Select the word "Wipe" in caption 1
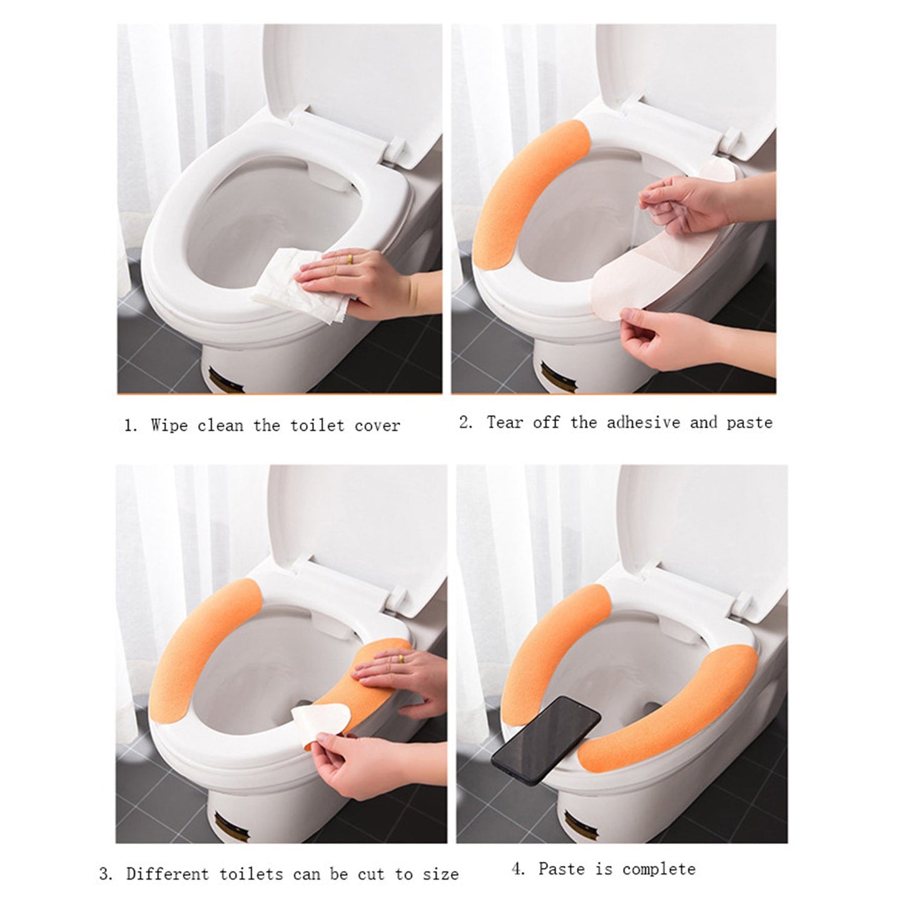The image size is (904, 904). click(x=169, y=426)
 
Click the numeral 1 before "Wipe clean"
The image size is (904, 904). click(x=129, y=427)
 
